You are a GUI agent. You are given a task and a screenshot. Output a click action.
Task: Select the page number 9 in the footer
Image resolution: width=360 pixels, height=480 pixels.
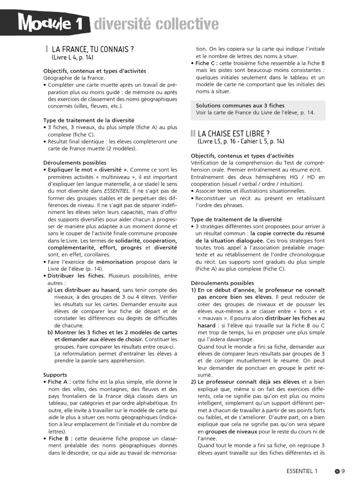343,471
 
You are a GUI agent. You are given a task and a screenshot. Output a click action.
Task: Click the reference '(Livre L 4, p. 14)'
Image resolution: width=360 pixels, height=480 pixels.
73,57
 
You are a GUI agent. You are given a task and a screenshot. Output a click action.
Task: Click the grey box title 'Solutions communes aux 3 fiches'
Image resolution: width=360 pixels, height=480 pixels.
240,105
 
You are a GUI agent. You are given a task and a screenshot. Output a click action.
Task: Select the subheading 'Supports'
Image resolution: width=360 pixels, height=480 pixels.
55,375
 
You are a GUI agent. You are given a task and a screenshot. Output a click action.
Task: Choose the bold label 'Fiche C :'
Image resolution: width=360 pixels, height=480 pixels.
209,63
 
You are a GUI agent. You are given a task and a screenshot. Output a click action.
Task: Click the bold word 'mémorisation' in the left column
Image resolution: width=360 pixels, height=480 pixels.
115,262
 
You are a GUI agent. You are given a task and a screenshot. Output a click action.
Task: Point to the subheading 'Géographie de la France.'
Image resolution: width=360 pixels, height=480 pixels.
74,78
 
